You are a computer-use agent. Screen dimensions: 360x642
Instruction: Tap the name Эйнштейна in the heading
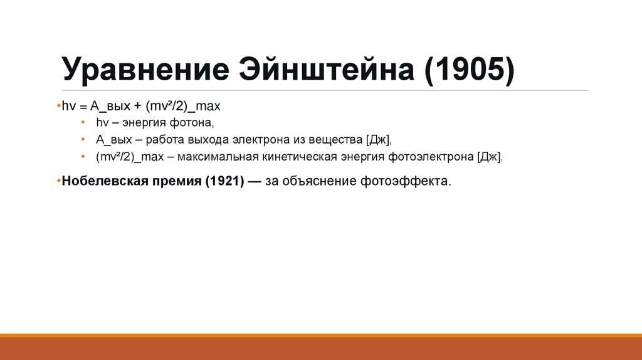pyautogui.click(x=326, y=70)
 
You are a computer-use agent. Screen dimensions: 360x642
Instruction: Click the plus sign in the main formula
pyautogui.click(x=137, y=106)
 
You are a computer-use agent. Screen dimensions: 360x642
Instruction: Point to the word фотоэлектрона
pyautogui.click(x=432, y=157)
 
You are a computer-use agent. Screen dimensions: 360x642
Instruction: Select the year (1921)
pyautogui.click(x=223, y=181)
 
